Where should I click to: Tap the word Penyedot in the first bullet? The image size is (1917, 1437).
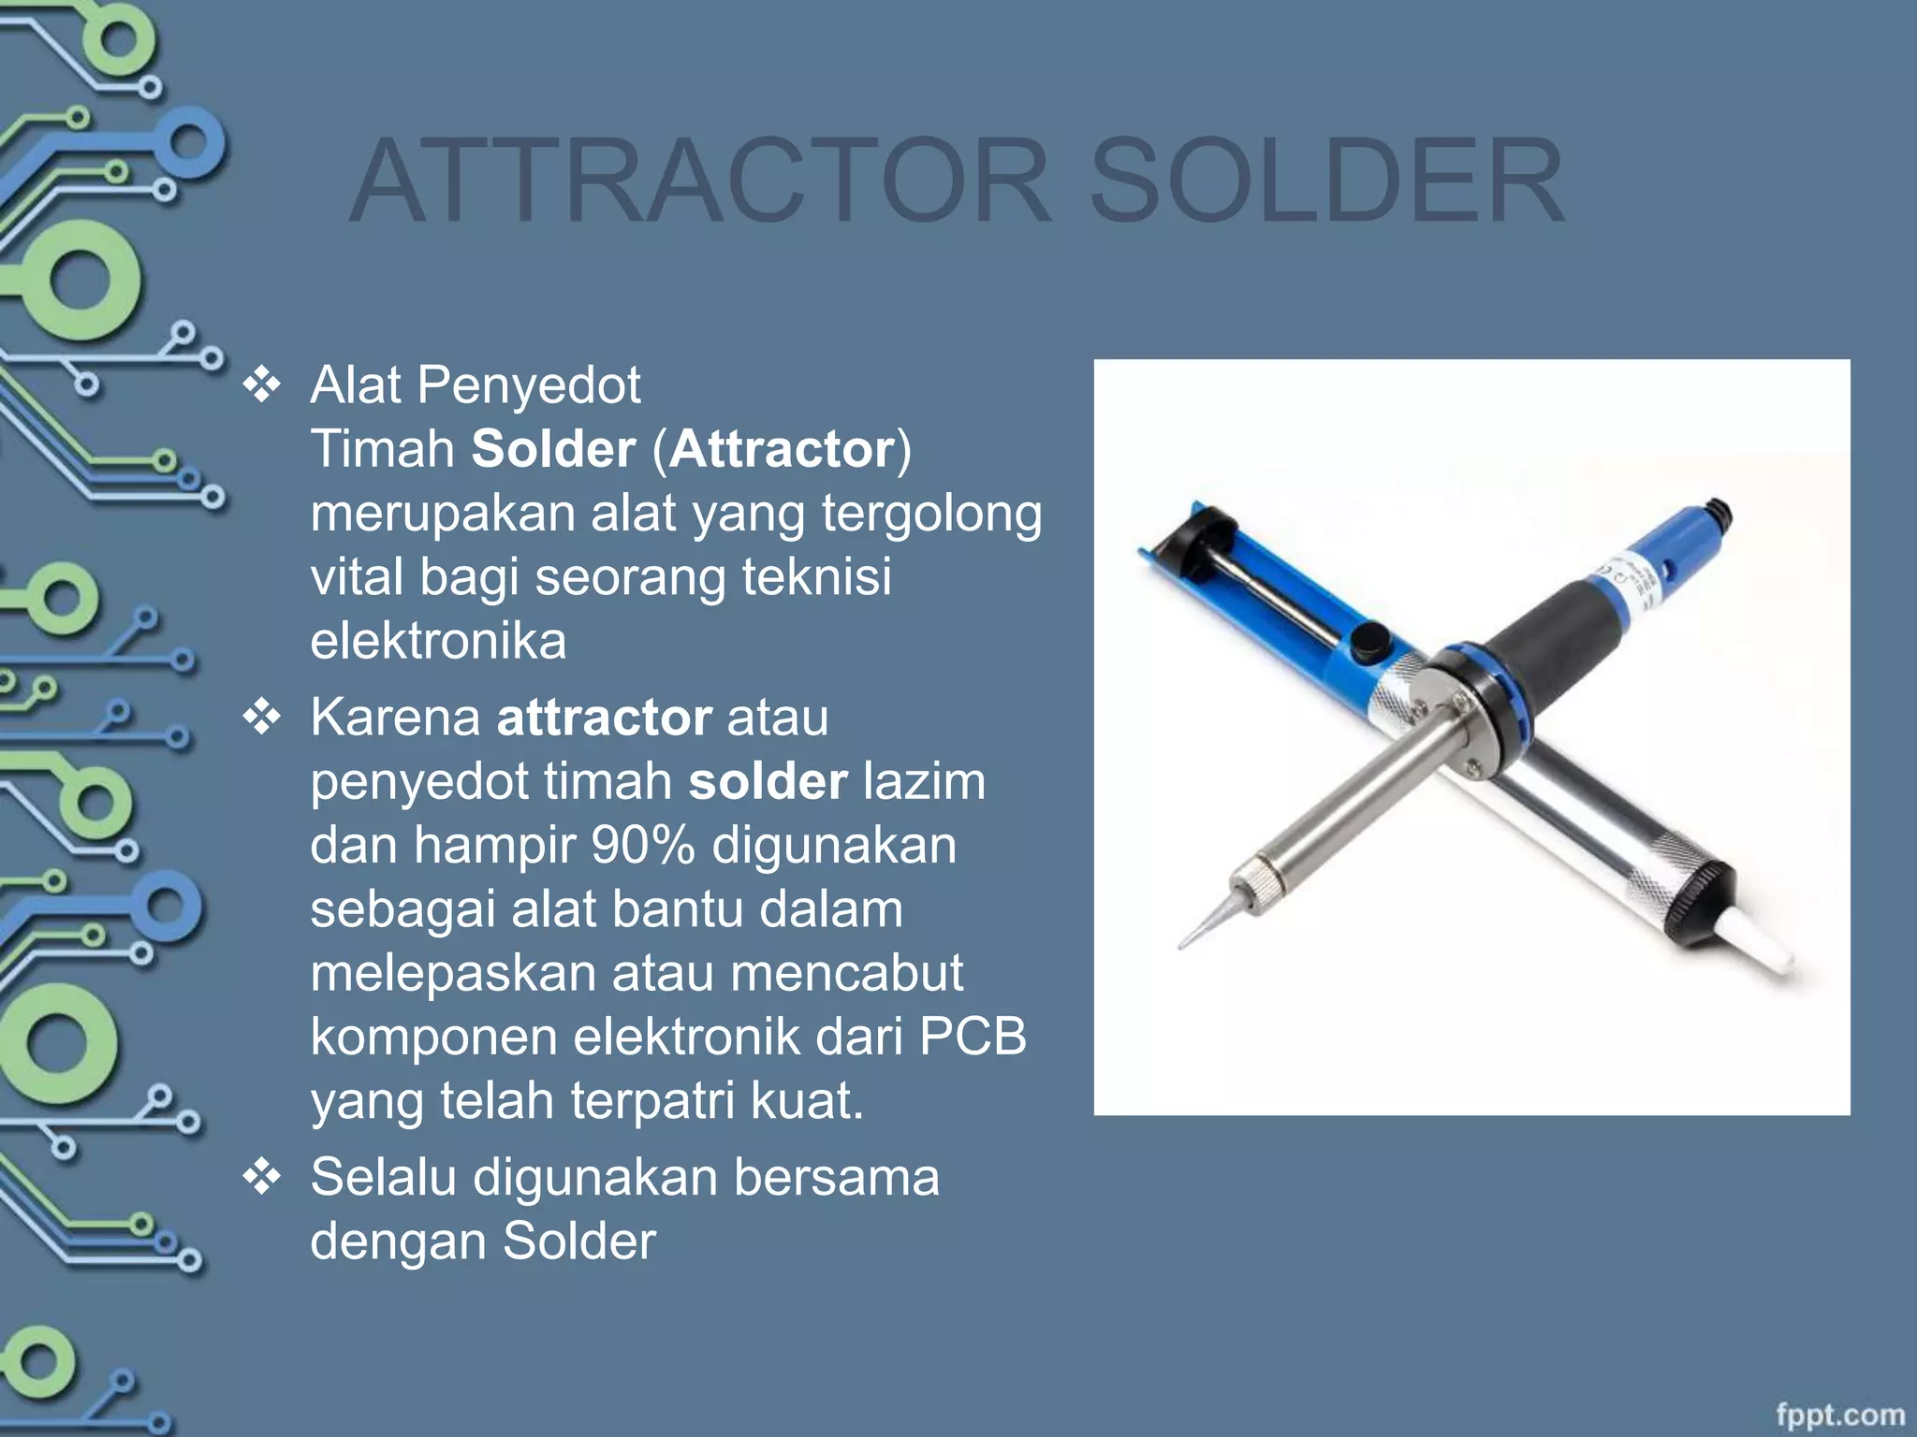click(x=529, y=385)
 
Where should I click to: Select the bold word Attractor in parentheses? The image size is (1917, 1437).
click(x=782, y=449)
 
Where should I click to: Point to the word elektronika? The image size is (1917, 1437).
click(x=438, y=642)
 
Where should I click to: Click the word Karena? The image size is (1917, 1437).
click(x=395, y=718)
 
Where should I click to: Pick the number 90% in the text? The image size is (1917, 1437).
click(x=643, y=846)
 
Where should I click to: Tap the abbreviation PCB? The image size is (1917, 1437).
click(x=973, y=1038)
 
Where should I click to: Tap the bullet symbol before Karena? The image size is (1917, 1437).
click(x=262, y=718)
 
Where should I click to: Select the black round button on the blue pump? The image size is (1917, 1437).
click(x=1369, y=642)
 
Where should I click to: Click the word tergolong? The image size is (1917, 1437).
click(x=931, y=514)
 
